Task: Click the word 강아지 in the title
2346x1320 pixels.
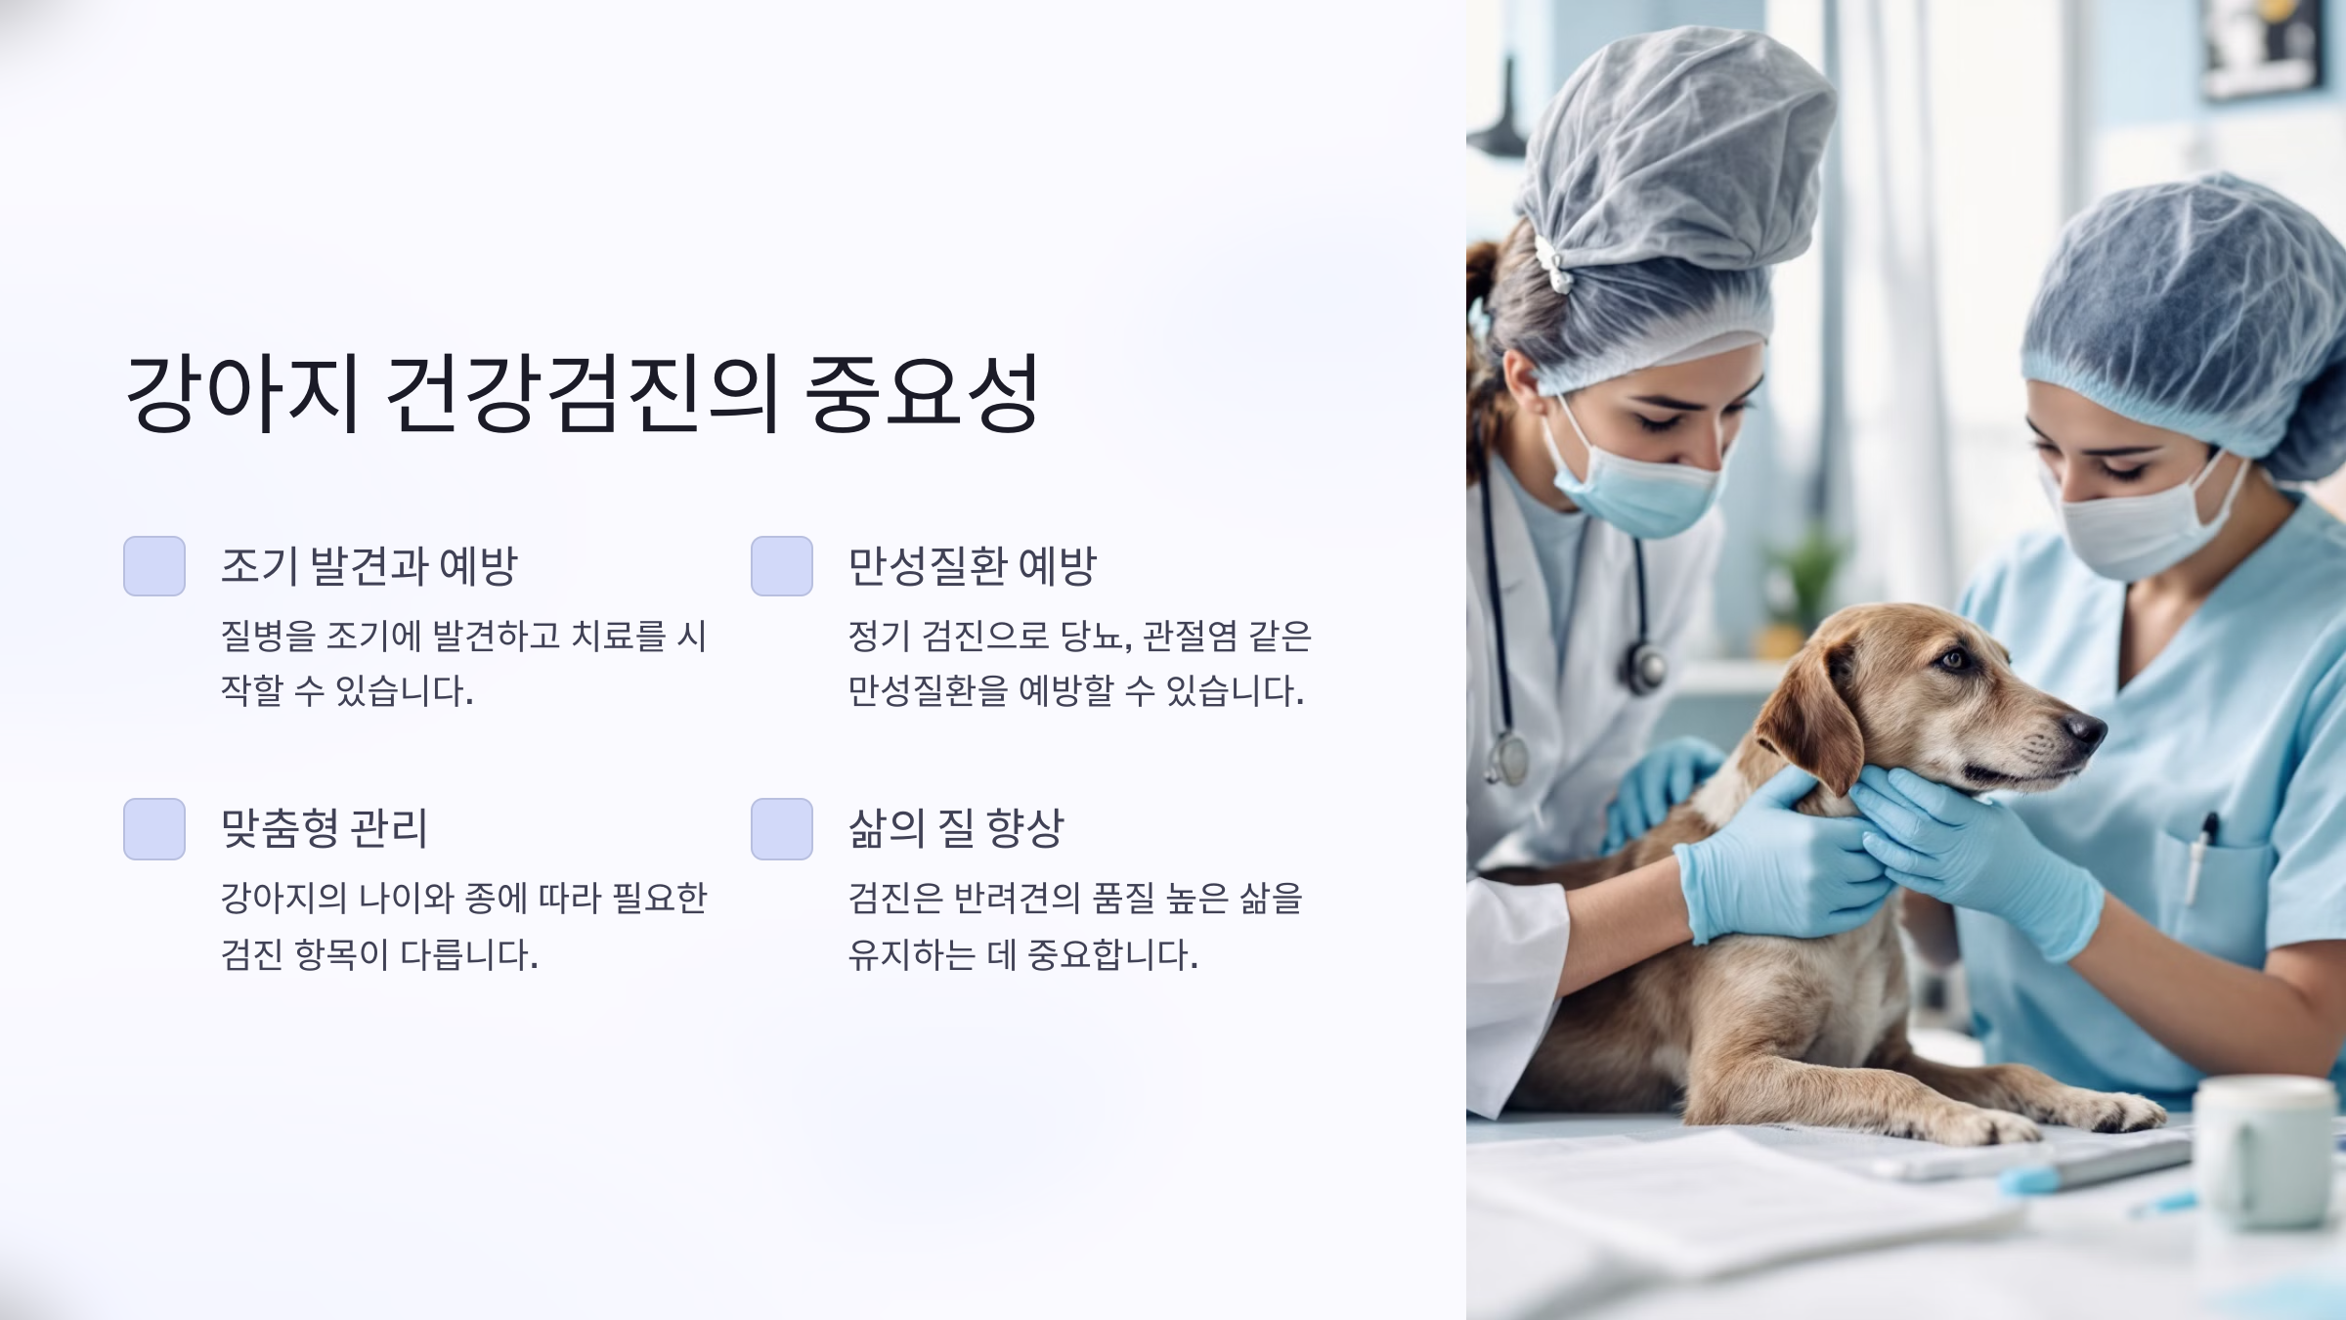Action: (242, 393)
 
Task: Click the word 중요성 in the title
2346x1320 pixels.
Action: (921, 393)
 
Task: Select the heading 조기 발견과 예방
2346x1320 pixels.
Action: (369, 566)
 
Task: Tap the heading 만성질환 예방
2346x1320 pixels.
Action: (972, 566)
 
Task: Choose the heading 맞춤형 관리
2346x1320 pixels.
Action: (324, 828)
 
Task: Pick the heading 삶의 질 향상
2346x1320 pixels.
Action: (955, 828)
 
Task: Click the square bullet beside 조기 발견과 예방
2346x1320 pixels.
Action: (154, 566)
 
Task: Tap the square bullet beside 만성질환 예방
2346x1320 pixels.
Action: (782, 566)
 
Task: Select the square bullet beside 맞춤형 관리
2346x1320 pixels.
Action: (154, 829)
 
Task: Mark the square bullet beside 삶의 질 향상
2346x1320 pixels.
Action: (782, 829)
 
